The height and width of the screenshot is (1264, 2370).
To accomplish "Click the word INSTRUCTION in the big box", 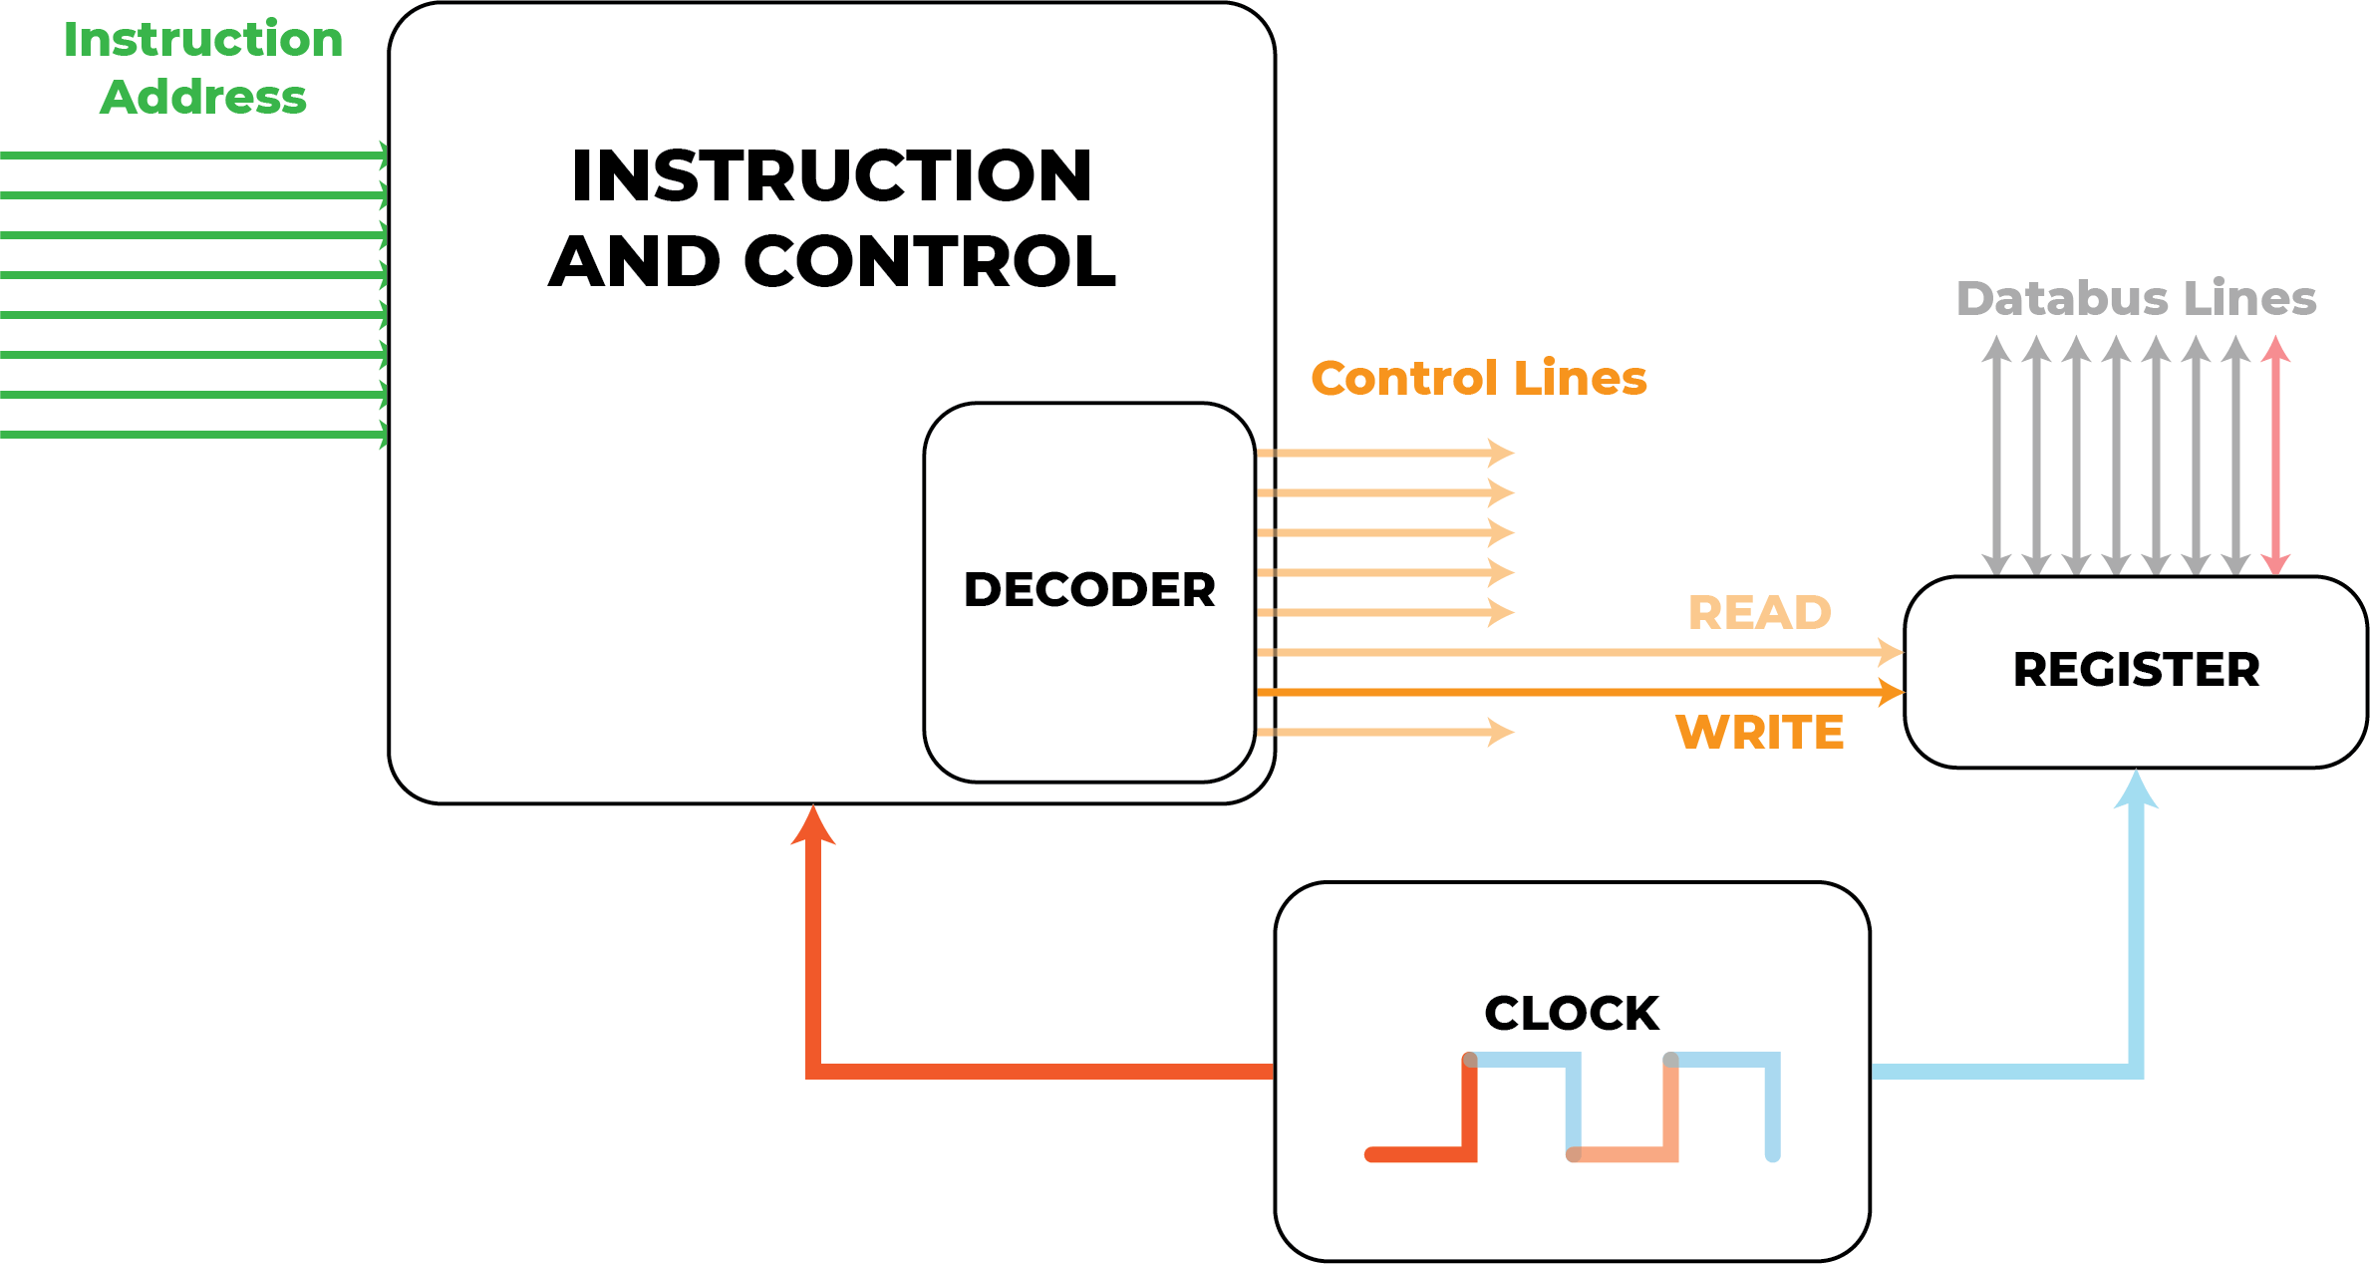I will click(831, 176).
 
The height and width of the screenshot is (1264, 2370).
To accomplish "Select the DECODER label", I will click(1089, 590).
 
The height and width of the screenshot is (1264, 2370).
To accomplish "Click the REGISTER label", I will click(2136, 670).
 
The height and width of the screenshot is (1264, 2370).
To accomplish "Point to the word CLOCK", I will click(1572, 1014).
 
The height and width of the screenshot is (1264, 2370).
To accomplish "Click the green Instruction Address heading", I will click(203, 68).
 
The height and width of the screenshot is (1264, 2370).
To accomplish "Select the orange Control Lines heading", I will click(1478, 379).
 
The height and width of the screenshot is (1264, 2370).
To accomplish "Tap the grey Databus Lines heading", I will click(2136, 298).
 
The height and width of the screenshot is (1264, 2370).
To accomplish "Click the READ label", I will click(1759, 613).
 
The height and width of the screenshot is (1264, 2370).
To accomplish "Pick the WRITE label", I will click(1759, 733).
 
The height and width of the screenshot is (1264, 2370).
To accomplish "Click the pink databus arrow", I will click(2275, 455).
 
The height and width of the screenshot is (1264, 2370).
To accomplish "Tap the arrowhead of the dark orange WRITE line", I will click(1891, 692).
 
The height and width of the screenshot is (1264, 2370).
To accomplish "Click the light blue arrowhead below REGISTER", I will click(2136, 790).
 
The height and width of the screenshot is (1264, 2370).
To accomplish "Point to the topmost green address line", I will click(189, 156).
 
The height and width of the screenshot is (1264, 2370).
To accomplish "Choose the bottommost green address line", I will click(189, 435).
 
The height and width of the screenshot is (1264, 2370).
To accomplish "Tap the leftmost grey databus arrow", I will click(1996, 455).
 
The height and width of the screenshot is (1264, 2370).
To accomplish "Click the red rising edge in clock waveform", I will click(1469, 1106).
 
